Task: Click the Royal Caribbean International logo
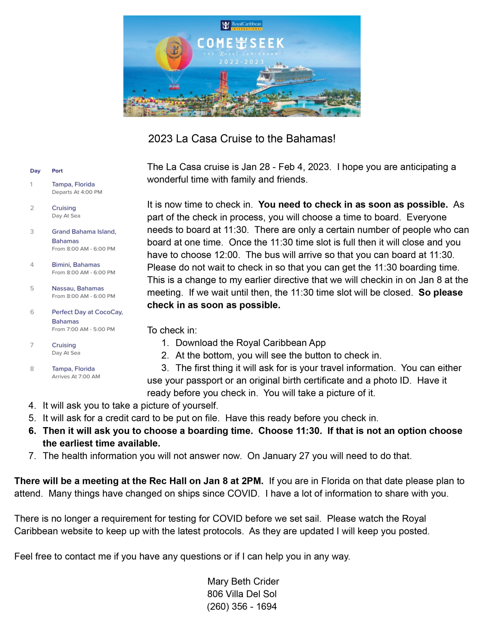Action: click(241, 25)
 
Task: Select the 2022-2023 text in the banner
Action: click(241, 62)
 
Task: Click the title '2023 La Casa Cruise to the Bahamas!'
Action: click(242, 139)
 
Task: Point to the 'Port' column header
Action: click(57, 171)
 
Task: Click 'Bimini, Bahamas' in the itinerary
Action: click(76, 265)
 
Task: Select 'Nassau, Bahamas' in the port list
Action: click(78, 288)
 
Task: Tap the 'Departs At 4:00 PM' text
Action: click(77, 192)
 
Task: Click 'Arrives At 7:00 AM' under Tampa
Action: click(76, 376)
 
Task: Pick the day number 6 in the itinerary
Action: click(32, 312)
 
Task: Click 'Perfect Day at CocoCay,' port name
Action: click(87, 312)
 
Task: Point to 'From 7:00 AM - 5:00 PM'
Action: click(83, 329)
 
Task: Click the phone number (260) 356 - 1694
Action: click(242, 606)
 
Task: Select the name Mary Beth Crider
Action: click(243, 581)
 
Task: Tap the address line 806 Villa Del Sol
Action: click(242, 594)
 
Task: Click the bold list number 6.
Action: click(32, 431)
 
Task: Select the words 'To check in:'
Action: click(172, 330)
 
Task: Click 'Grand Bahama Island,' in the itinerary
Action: click(84, 232)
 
